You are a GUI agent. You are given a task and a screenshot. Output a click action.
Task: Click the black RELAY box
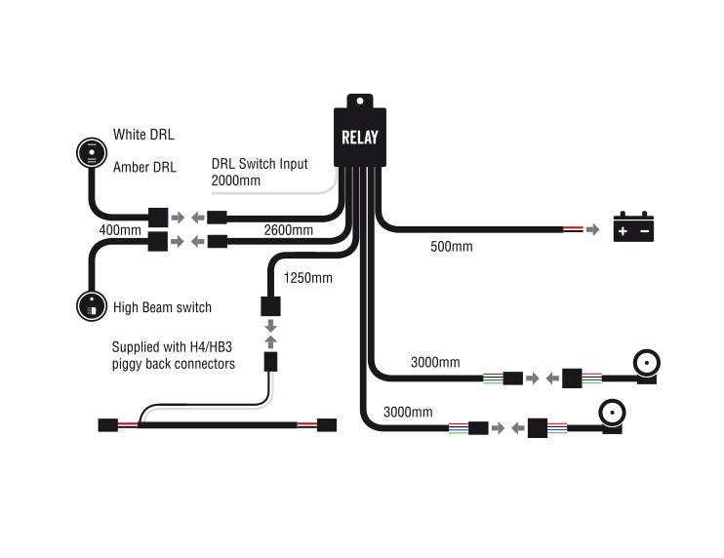tap(359, 136)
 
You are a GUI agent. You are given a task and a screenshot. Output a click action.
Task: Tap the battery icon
tap(632, 228)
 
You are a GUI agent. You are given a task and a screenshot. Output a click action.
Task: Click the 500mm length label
tap(451, 247)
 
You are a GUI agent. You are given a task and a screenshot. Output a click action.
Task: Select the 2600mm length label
tap(288, 231)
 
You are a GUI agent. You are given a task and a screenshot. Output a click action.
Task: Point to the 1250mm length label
tap(307, 278)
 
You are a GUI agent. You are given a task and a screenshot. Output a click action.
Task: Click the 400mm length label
tap(120, 231)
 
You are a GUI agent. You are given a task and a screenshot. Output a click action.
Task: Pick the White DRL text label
tap(143, 135)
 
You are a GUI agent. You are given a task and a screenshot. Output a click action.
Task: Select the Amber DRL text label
tap(144, 167)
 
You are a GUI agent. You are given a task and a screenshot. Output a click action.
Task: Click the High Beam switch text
tap(162, 307)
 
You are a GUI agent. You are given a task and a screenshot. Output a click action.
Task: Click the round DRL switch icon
tap(93, 152)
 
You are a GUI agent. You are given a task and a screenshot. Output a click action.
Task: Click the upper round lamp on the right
tap(648, 364)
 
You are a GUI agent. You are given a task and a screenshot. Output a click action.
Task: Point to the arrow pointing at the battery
tap(591, 230)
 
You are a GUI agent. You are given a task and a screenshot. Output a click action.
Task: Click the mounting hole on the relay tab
tap(359, 100)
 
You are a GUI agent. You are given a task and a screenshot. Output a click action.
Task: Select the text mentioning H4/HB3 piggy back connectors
tap(173, 355)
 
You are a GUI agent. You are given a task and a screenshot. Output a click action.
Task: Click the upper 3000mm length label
tap(434, 362)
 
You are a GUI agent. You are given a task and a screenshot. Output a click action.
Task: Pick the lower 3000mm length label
tap(408, 413)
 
